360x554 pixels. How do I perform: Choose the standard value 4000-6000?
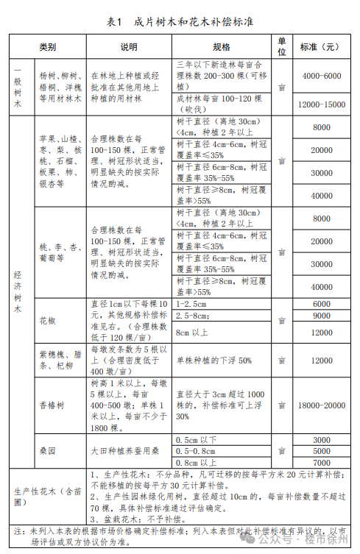click(321, 75)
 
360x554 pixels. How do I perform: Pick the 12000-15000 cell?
click(321, 104)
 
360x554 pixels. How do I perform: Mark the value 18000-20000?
click(321, 405)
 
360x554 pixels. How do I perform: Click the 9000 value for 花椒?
click(321, 316)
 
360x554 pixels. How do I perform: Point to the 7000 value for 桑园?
click(321, 462)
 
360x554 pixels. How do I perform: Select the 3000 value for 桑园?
click(321, 439)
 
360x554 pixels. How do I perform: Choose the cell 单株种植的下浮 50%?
click(213, 361)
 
